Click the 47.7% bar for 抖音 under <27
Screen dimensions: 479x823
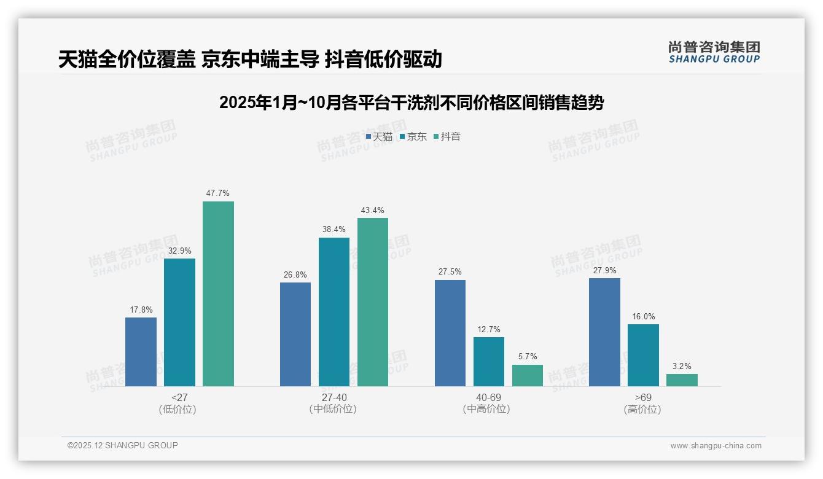pos(218,294)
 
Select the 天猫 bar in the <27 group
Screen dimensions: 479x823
pos(141,351)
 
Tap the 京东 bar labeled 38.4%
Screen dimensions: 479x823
pos(333,311)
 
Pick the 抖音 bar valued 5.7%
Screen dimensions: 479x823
pos(528,375)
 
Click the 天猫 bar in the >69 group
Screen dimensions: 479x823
pos(604,332)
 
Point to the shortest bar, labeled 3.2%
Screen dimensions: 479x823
pos(682,380)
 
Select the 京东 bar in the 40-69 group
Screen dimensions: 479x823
pos(489,361)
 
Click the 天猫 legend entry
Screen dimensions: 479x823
pos(379,136)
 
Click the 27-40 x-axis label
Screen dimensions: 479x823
pos(333,397)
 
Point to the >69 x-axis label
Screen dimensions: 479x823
pos(643,397)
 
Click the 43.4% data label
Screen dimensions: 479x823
pos(372,211)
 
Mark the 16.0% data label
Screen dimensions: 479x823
pos(643,317)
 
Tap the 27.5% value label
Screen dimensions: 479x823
pos(450,272)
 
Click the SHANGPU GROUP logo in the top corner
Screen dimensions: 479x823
pos(714,52)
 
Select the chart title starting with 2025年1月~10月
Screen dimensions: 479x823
pos(411,103)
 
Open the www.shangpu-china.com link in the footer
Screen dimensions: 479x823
pos(716,446)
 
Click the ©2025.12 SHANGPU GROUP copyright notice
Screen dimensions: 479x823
pos(123,445)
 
